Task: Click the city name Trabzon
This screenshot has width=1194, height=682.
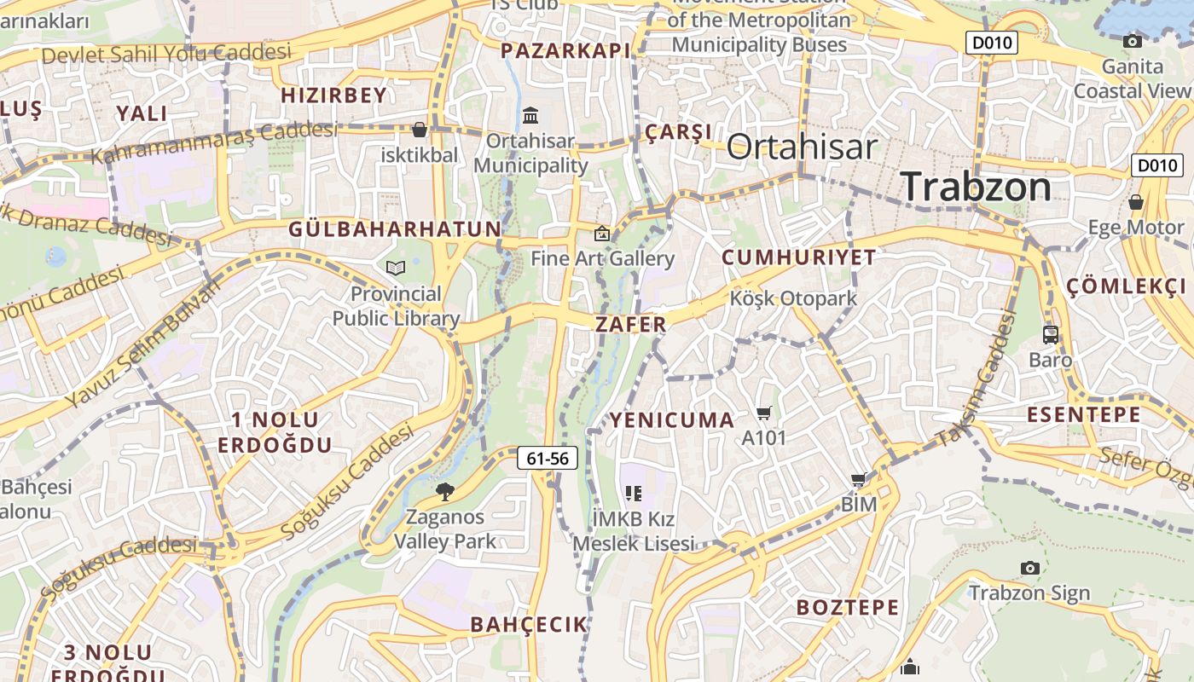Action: [x=976, y=186]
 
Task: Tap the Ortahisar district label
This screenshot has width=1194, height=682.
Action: [x=801, y=147]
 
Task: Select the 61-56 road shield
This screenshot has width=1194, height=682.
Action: [x=548, y=459]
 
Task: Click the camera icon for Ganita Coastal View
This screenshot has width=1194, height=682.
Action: [x=1133, y=41]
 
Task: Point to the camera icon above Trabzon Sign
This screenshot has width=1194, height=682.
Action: [x=1029, y=568]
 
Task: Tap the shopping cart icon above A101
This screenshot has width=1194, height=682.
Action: [x=763, y=413]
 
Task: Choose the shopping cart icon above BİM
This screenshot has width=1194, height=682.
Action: [x=859, y=480]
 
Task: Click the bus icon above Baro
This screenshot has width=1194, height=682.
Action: [x=1050, y=335]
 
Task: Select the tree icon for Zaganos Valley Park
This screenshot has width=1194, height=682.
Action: [x=444, y=491]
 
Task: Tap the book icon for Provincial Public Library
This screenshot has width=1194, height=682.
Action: [x=395, y=269]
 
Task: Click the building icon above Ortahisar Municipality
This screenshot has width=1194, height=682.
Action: [x=530, y=115]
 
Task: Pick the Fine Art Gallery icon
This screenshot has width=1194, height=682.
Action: [x=602, y=234]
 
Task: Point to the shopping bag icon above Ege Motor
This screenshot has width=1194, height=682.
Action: [x=1135, y=202]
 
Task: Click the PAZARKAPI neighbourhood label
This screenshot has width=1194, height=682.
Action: [x=565, y=51]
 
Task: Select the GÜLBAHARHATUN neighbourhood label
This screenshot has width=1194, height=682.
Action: [x=395, y=228]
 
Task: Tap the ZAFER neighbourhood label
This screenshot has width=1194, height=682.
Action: [x=631, y=324]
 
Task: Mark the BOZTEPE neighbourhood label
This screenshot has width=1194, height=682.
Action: [x=847, y=608]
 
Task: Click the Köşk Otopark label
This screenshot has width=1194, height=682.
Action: [x=793, y=299]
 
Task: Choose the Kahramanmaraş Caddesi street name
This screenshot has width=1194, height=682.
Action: [x=213, y=142]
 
